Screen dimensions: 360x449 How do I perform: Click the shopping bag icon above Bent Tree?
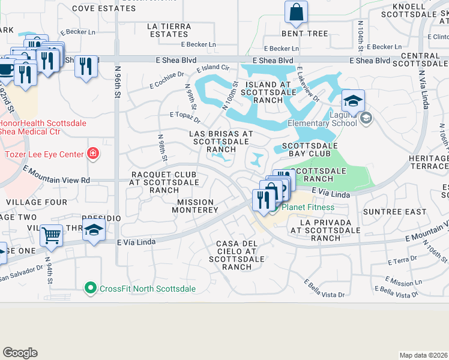point(296,11)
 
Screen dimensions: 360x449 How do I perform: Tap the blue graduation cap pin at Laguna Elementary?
point(354,100)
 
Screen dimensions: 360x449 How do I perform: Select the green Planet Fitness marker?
point(273,209)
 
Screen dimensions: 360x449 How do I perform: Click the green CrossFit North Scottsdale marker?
point(91,289)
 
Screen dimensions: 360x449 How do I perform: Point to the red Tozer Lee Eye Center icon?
point(92,154)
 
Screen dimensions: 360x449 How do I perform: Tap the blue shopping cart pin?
point(52,235)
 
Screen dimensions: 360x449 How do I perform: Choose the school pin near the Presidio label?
point(94,230)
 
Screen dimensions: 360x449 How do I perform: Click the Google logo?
point(20,353)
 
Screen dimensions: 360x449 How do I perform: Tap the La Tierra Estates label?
point(170,31)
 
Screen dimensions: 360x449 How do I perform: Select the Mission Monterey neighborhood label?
point(195,206)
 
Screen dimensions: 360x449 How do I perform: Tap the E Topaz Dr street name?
point(185,114)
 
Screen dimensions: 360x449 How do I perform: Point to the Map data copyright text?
point(423,355)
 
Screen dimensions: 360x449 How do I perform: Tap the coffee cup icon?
point(6,68)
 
